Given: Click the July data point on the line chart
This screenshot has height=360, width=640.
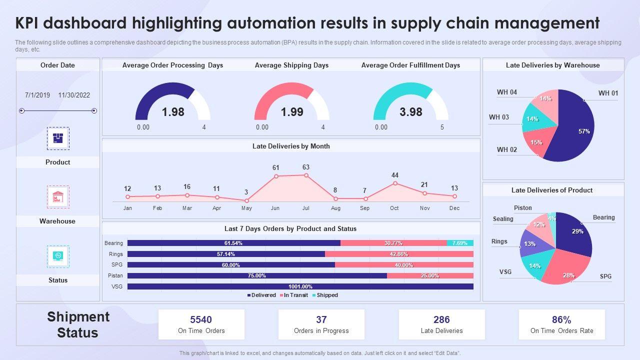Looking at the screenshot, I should coord(306,175).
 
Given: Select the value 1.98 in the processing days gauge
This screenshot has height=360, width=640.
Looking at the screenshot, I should coord(173,112).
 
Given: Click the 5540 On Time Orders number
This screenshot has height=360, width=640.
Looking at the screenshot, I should coord(201,319).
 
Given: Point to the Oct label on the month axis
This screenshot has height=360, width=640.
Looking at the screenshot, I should coord(394,208).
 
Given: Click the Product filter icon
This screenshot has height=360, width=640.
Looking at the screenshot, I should coord(58,138).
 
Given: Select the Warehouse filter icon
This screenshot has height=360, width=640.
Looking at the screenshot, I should coord(58,197).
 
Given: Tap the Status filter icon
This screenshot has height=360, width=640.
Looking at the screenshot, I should coord(58,256).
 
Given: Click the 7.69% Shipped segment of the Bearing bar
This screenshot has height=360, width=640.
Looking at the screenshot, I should coord(460,243).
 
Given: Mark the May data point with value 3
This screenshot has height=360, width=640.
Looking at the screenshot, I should coord(246,200).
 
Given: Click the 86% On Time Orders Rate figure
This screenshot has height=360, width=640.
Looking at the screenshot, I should coord(561,319).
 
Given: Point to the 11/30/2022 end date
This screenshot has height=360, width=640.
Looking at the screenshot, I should coord(74,95).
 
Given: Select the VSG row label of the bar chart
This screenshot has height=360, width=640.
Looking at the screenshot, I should coord(117,286).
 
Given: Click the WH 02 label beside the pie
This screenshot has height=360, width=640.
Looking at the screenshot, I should coord(506,149).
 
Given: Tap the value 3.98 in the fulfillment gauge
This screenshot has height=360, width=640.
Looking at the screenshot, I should coord(411,112).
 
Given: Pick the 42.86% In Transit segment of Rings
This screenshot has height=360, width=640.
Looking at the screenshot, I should coord(399,254).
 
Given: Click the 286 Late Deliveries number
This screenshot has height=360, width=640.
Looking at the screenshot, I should coord(441,319).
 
